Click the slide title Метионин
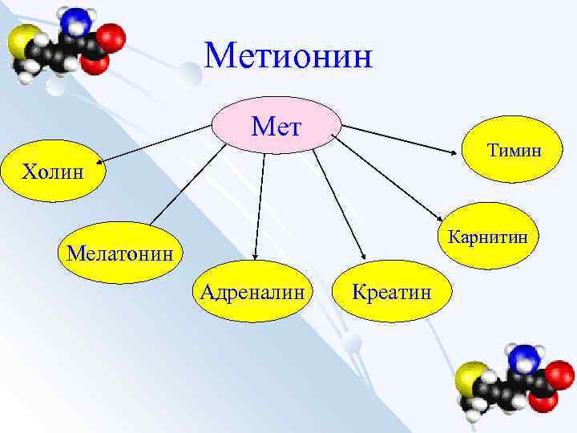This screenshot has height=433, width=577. coord(288,57)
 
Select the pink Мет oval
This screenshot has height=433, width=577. coord(276,127)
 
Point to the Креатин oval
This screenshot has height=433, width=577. coord(392,290)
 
